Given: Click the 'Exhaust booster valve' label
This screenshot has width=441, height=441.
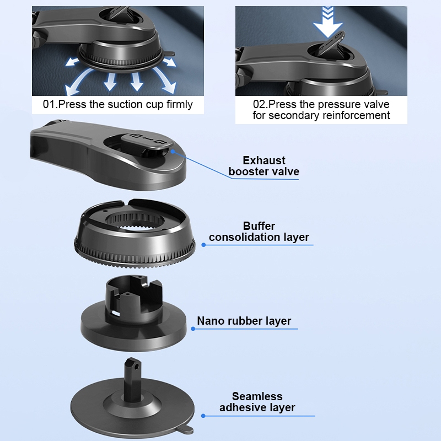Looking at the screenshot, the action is click(264, 166).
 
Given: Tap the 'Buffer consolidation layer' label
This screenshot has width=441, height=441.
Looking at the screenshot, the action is click(259, 232).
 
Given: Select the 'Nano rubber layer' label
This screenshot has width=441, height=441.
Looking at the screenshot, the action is click(244, 321).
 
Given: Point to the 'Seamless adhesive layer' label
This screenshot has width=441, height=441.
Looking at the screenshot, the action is click(257, 402).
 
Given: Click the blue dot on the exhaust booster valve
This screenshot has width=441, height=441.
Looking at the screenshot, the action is click(173, 152).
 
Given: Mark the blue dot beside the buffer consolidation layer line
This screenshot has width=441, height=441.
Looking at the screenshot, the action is click(203, 245).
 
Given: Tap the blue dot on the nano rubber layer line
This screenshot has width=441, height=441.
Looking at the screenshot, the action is click(193, 329).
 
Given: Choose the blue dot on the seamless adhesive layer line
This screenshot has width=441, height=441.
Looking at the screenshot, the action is click(203, 416).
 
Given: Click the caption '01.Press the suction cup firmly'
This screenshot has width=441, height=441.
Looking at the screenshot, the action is click(118, 104).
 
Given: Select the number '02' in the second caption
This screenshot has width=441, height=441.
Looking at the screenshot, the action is click(259, 104).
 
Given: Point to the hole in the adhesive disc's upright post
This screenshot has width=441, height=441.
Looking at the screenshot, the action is click(137, 367).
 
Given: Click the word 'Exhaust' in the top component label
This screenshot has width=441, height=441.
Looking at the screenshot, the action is click(264, 160).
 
